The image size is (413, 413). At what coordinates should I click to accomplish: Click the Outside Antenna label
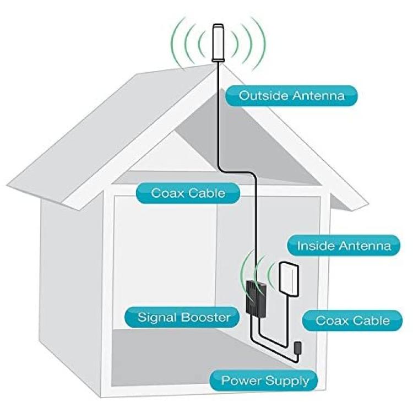(291, 96)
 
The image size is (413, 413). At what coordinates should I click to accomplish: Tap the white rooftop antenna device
(219, 43)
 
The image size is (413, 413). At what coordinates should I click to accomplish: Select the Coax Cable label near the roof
(188, 193)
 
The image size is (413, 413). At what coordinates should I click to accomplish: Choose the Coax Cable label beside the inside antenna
(352, 320)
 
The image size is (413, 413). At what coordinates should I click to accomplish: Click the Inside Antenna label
(344, 246)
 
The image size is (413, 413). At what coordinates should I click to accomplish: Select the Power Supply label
(264, 381)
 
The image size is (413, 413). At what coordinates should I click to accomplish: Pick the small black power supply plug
(297, 347)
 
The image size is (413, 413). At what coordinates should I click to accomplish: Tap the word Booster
(206, 317)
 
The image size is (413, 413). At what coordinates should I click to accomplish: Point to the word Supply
(287, 382)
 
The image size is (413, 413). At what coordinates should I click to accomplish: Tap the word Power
(242, 381)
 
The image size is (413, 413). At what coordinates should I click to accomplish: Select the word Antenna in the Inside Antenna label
(365, 246)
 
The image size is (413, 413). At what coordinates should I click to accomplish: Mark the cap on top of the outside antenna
(219, 26)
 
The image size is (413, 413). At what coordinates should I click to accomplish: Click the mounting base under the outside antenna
(219, 61)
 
